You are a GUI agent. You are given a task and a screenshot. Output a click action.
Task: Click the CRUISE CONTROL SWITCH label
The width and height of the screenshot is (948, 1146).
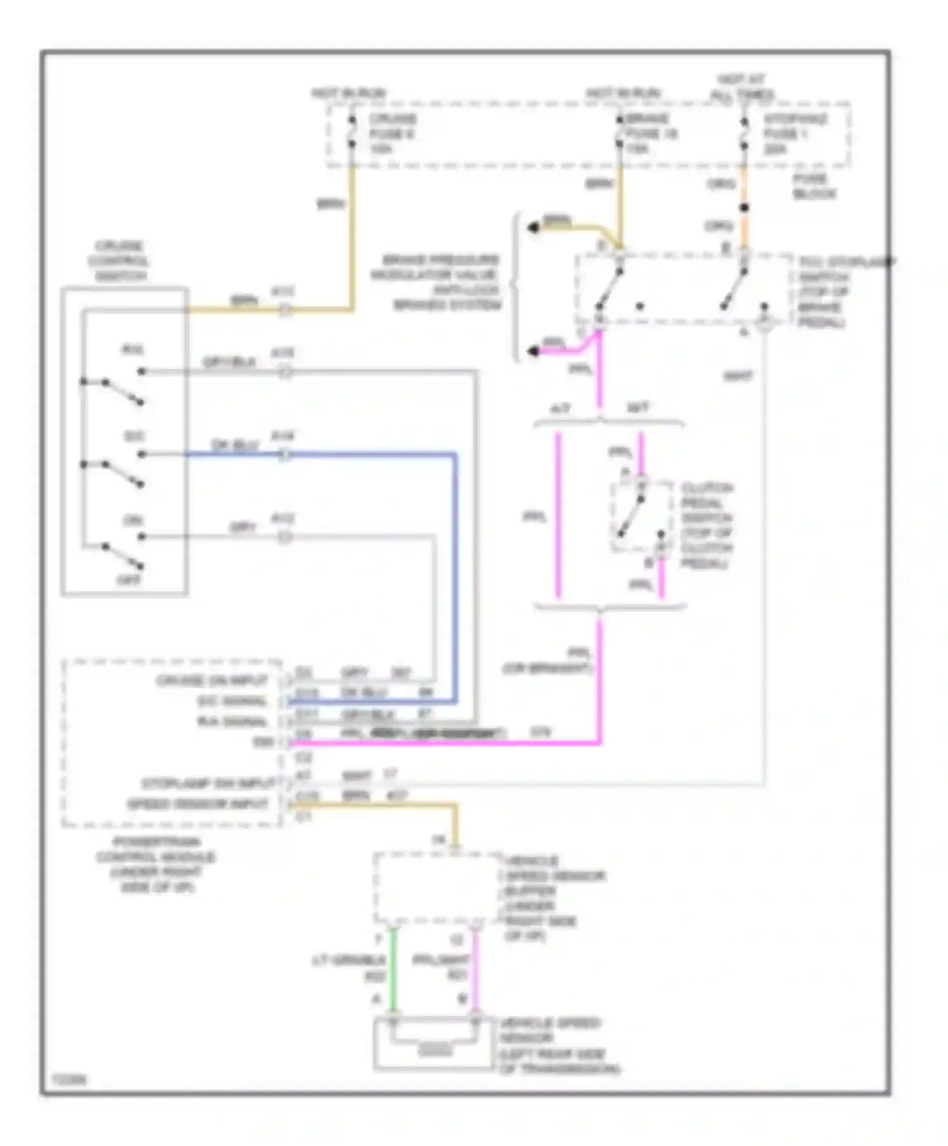[120, 261]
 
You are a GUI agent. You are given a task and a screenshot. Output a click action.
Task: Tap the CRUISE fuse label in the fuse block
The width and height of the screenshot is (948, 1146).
[392, 133]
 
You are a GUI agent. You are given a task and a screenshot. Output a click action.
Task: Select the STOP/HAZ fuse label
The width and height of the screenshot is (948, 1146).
[794, 133]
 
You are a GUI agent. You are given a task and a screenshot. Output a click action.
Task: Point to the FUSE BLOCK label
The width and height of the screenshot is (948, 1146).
[814, 186]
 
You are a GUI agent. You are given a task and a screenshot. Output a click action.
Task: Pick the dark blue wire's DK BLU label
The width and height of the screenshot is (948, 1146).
[235, 445]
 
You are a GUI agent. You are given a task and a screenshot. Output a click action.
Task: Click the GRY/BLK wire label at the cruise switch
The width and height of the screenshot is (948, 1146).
[229, 362]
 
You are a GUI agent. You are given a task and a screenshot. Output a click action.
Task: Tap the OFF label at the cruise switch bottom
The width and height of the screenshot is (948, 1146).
[129, 579]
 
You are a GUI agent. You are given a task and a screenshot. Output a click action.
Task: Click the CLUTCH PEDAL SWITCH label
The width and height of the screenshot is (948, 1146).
[707, 525]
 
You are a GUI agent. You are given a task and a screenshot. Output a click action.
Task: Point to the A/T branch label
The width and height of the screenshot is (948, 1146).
[560, 409]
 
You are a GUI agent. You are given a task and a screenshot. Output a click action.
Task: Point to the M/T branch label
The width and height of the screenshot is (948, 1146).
[637, 408]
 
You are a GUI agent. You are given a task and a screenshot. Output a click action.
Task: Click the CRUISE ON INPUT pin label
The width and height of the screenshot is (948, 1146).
[212, 680]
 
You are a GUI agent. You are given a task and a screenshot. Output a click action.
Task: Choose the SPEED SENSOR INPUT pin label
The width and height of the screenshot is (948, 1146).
[198, 804]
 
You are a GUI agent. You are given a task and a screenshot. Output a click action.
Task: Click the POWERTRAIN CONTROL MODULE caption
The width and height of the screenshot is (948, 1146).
[155, 864]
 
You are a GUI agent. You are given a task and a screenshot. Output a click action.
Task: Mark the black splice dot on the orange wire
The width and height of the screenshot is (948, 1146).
[744, 208]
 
